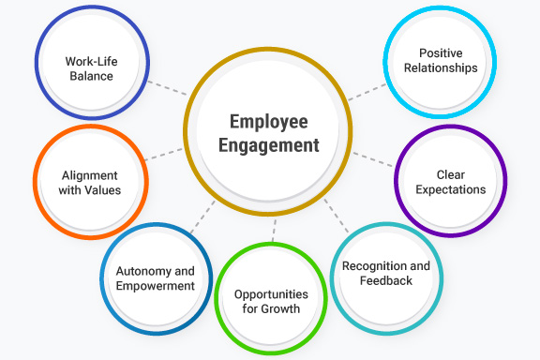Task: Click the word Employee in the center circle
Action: (269, 122)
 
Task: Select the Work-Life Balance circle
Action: (90, 68)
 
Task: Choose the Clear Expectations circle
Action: (450, 182)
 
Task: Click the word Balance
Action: (90, 76)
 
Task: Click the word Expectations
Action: (450, 189)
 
